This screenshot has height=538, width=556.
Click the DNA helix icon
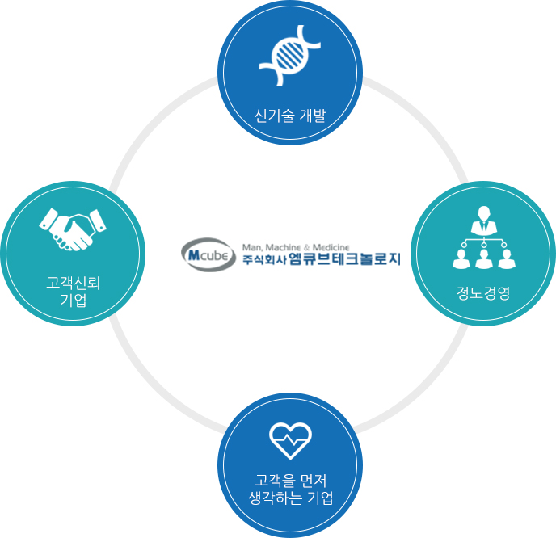click(290, 55)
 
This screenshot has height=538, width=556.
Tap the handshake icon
click(73, 229)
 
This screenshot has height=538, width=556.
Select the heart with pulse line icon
click(290, 441)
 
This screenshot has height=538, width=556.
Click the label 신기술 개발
click(289, 116)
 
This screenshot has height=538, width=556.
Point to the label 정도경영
click(483, 293)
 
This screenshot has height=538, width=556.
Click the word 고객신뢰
click(74, 284)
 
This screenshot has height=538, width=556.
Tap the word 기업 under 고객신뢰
click(74, 300)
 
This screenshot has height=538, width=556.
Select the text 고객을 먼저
click(290, 481)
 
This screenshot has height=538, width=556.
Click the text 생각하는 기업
click(290, 498)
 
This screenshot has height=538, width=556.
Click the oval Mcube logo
click(208, 254)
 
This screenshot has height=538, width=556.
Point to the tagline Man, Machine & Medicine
click(296, 247)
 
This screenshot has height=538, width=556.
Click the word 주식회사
click(264, 260)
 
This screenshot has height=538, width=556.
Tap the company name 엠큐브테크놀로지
click(344, 259)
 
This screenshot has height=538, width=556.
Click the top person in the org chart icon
click(483, 220)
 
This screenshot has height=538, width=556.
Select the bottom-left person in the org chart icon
click(461, 258)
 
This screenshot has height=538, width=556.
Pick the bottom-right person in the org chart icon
click(507, 258)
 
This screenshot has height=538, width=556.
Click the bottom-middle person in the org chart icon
click(483, 258)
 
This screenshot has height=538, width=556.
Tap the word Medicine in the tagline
click(331, 247)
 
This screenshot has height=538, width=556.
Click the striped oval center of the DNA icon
click(290, 55)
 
